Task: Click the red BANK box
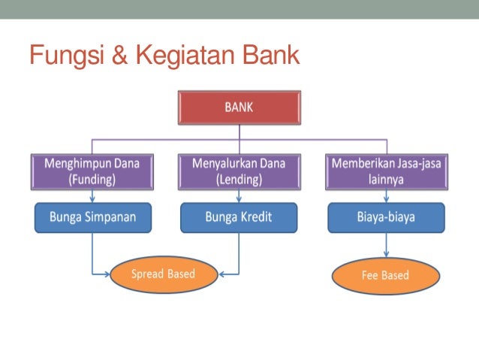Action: [x=239, y=108]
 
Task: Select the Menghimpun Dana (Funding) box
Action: [x=92, y=171]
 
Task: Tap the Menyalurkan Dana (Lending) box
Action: [x=239, y=171]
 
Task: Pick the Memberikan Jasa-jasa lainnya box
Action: [x=386, y=171]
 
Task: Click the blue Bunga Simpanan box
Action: [x=92, y=217]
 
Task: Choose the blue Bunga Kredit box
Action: [x=239, y=217]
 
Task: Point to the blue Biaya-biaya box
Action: [x=386, y=217]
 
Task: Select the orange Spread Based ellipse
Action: [x=162, y=274]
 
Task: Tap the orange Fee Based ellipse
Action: [x=385, y=275]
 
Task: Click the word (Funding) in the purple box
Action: [x=92, y=180]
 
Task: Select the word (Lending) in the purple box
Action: [x=239, y=180]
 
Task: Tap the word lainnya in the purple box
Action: [x=386, y=180]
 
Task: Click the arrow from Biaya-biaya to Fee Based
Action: [x=386, y=244]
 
